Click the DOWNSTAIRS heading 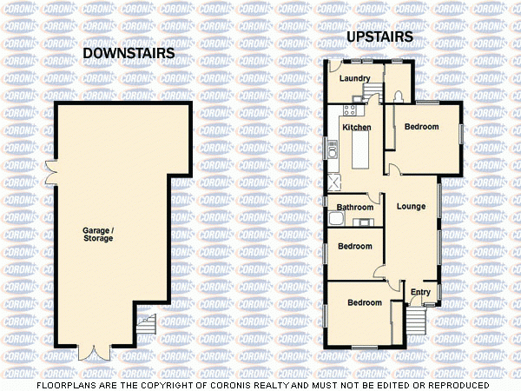pos(128,54)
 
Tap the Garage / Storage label pos(98,234)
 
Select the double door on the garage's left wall pos(52,174)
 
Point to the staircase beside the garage pos(147,329)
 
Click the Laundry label pos(354,79)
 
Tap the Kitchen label pos(357,128)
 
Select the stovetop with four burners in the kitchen pos(349,110)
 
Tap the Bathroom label pos(355,208)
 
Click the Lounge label pos(411,207)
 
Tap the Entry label pos(420,292)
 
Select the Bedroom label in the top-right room pos(422,127)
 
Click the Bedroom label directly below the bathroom pos(354,246)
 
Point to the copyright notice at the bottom pos(260,384)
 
